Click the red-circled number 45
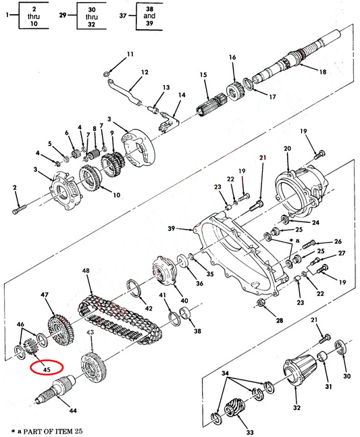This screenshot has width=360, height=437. coord(47,369)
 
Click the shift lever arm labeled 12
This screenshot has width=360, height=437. coord(124,93)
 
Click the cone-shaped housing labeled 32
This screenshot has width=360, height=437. coord(300,369)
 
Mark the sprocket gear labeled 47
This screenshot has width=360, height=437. coord(61,330)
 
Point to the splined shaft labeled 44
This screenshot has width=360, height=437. coord(57,389)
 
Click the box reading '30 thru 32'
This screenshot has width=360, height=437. coord(91,16)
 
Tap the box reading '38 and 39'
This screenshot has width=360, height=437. coord(149,16)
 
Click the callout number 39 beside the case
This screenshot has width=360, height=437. coord(172,228)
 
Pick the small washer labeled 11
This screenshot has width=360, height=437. coord(107,74)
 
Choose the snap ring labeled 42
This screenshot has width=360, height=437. coord(134,288)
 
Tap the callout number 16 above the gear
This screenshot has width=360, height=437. coord(232,57)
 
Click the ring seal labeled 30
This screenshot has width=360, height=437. coord(340,348)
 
